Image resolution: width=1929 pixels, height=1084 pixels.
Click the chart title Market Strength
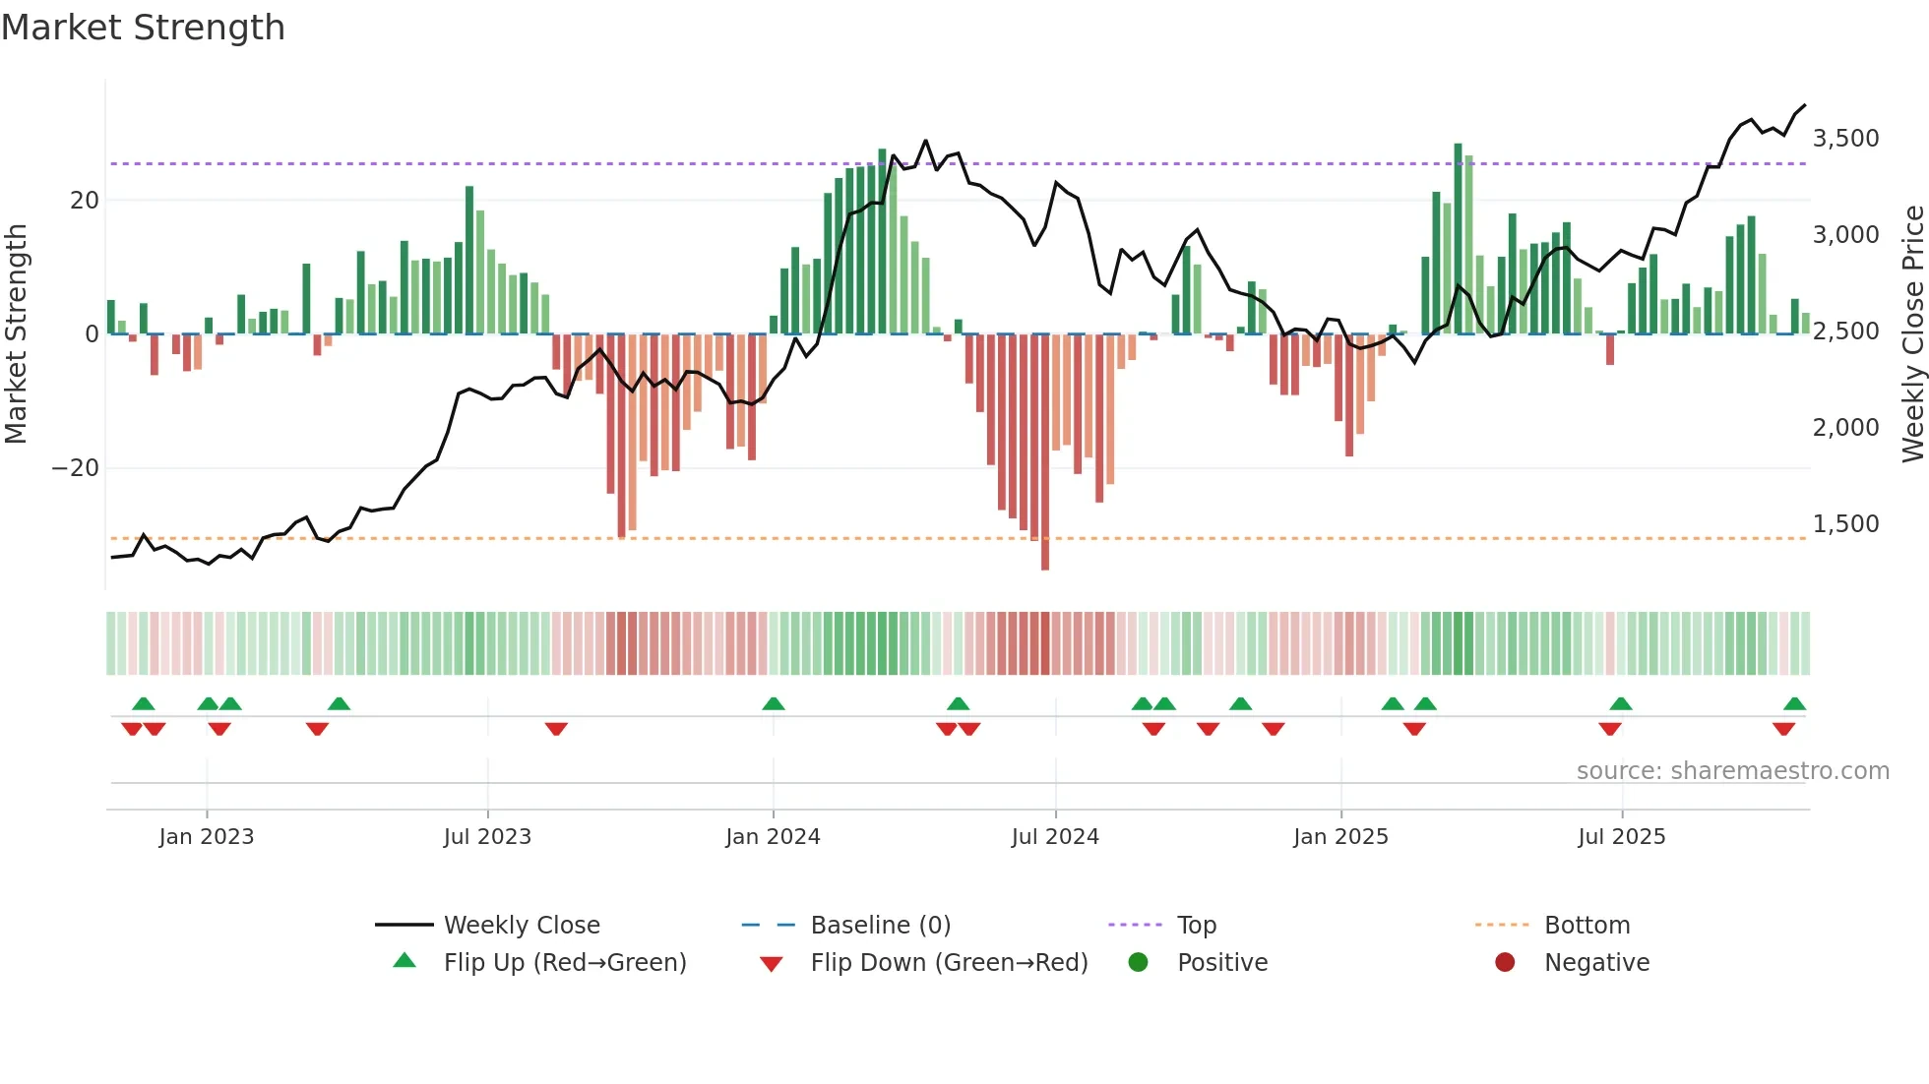(143, 28)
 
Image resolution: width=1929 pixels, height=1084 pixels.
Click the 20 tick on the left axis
(85, 201)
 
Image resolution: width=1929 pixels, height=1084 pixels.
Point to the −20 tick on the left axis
(76, 468)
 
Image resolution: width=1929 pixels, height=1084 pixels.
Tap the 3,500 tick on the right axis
(1845, 139)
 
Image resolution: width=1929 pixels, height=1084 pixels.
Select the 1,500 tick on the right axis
(1845, 524)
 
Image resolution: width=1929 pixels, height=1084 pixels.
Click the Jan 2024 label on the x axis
(773, 837)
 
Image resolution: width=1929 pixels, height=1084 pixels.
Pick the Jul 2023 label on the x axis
(487, 837)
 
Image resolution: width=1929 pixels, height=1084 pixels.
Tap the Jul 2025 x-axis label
(1621, 837)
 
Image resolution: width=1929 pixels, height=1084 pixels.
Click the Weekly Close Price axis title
(1912, 334)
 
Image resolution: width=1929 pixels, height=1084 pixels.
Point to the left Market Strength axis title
(16, 334)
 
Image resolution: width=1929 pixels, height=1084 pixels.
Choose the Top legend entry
(1196, 926)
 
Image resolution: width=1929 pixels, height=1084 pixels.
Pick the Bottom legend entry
(1587, 926)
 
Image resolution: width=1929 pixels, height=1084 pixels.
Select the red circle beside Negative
(1505, 963)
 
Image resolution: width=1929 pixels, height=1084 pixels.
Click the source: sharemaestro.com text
(1732, 771)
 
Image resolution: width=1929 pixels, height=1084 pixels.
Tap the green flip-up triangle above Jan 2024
(774, 704)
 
